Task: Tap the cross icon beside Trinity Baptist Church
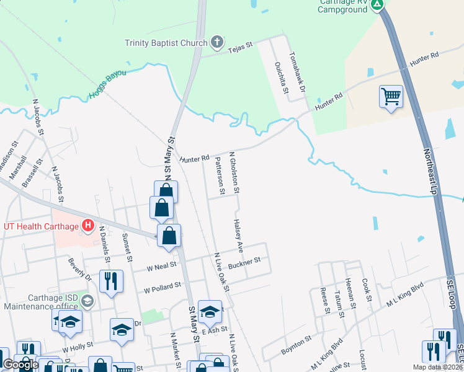[x=216, y=42]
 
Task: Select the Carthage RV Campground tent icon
[x=377, y=6]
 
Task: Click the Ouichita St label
[x=282, y=77]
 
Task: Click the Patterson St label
[x=219, y=175]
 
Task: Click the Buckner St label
[x=243, y=263]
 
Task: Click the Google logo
[x=20, y=365]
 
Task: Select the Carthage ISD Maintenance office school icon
[x=87, y=301]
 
